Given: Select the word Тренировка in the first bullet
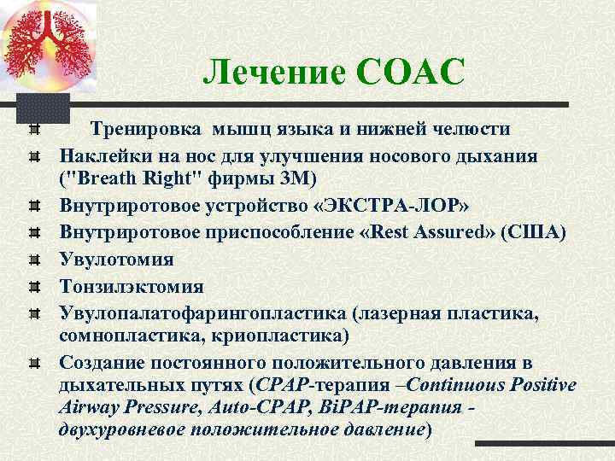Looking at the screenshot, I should pos(145,129).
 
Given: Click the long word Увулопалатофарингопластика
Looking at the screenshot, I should pos(199,313).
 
